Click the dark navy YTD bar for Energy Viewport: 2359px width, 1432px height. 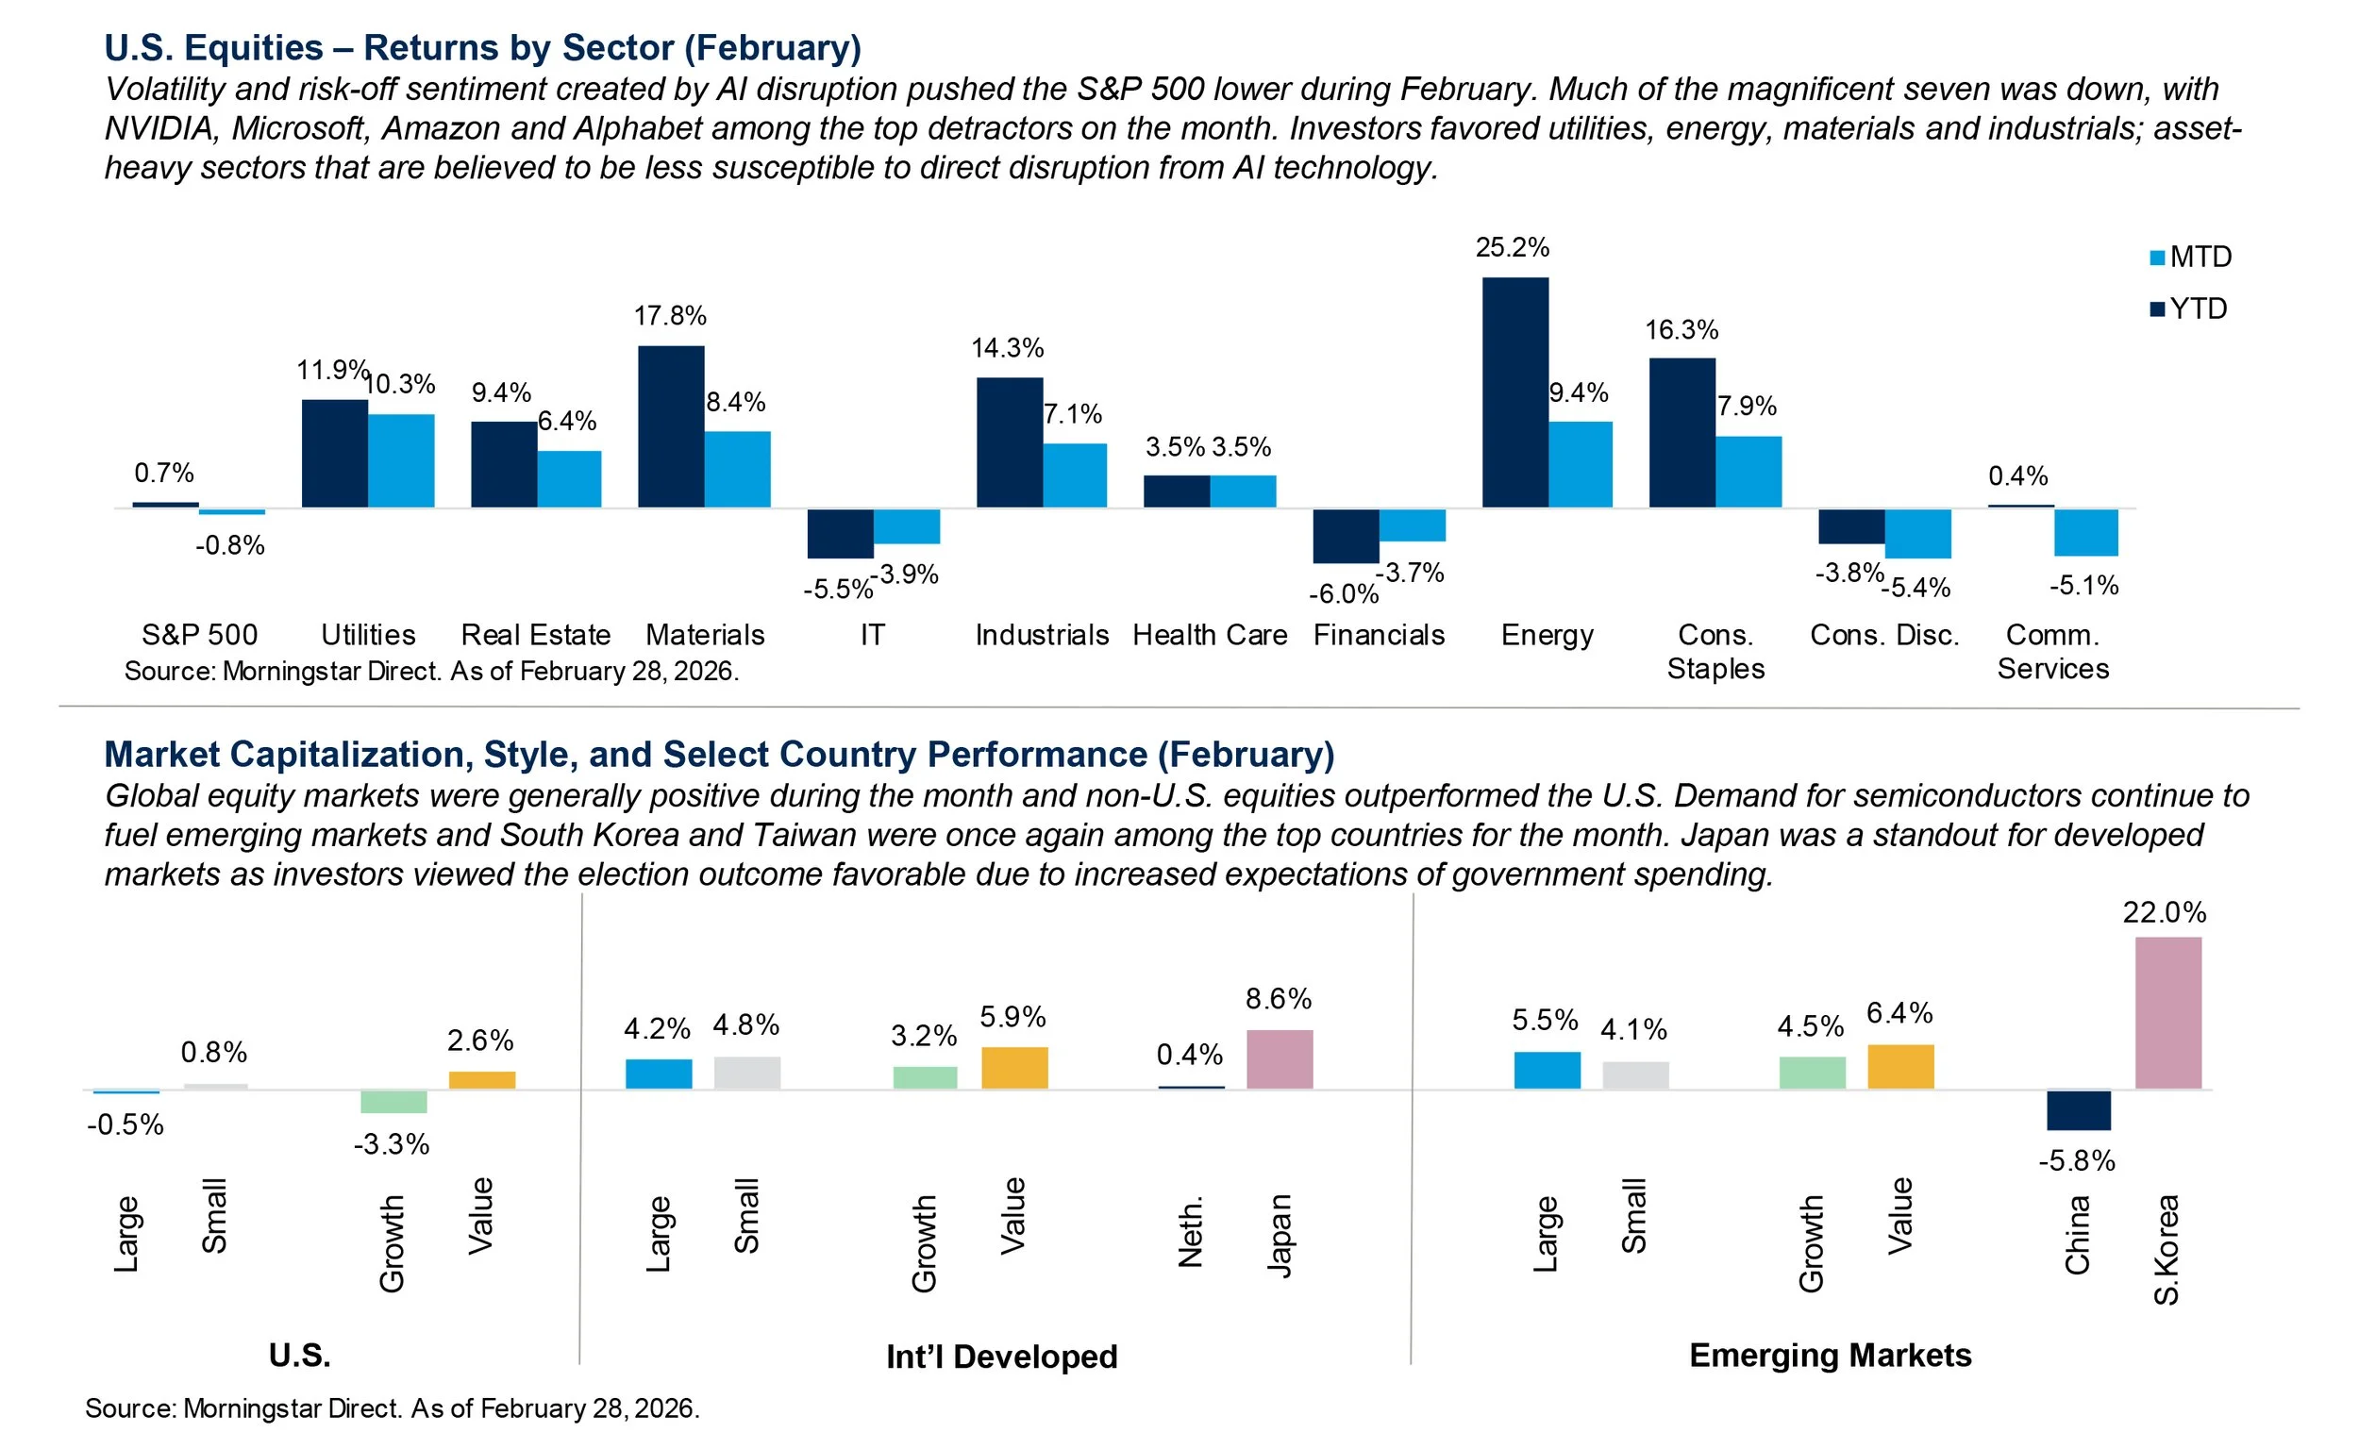click(1514, 392)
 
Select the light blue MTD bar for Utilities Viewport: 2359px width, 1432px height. click(401, 460)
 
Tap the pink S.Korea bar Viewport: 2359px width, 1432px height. click(2167, 1013)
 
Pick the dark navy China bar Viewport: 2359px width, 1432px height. click(2079, 1110)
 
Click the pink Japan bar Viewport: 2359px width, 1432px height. click(1280, 1058)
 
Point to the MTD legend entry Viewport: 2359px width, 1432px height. click(2190, 257)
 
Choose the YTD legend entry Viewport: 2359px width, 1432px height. click(2188, 308)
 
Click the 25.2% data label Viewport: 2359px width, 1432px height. click(1512, 247)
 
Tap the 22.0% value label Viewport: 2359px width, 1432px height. click(2164, 912)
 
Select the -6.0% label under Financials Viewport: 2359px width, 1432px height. click(1343, 594)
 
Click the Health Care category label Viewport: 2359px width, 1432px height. click(1209, 635)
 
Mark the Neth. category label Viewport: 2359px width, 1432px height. click(1190, 1233)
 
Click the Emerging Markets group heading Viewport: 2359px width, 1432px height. click(1830, 1356)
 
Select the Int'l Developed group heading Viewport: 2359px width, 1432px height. click(1001, 1357)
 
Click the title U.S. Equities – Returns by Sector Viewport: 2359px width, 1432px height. click(482, 48)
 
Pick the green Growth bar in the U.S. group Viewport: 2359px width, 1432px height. click(393, 1101)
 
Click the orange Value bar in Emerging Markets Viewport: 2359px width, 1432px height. click(1900, 1066)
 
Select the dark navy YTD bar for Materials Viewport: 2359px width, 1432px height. click(671, 426)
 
